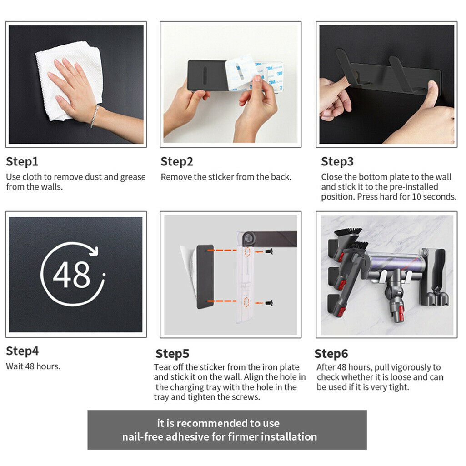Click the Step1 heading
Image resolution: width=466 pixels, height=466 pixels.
pos(22,162)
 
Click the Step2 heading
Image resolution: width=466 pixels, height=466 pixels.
pos(177,162)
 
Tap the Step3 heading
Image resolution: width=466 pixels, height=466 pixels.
pos(337,162)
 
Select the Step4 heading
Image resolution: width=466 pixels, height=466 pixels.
pos(22,351)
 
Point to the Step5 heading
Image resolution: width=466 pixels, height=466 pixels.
pos(172,354)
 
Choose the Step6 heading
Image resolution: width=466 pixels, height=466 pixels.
pos(331,354)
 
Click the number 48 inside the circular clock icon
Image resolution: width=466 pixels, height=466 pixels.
pos(72,275)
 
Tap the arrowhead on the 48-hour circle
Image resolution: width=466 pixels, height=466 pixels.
pos(95,251)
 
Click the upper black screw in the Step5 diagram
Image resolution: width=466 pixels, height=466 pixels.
pos(269,251)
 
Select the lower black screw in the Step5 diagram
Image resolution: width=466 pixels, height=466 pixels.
pos(269,303)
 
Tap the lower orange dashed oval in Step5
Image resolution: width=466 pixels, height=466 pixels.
pos(246,302)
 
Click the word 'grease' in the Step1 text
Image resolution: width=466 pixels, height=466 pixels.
pos(133,177)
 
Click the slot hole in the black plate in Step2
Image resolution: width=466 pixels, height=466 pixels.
pos(205,73)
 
